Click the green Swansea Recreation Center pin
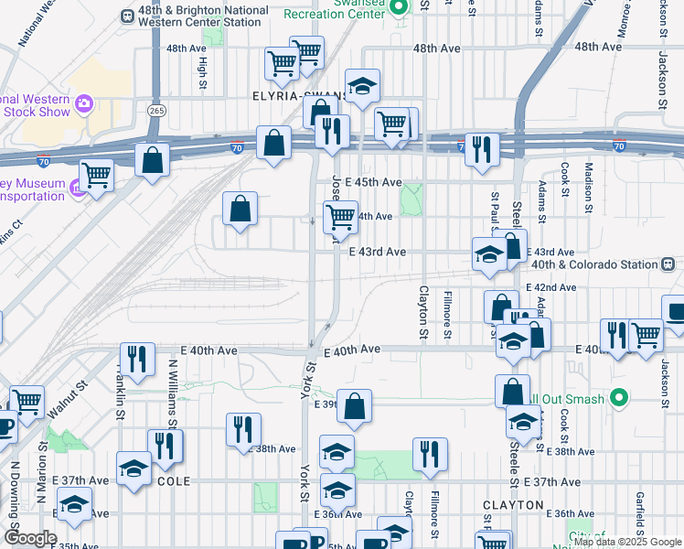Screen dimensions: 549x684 tap(398, 7)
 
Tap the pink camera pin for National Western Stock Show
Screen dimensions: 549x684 tap(84, 102)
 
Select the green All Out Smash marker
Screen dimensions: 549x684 tap(619, 398)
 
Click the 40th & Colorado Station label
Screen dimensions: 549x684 tap(594, 264)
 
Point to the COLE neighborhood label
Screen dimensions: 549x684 tap(174, 481)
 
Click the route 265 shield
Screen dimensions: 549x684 tap(155, 109)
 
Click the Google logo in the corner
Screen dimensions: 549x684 tap(29, 539)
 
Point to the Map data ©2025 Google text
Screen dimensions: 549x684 tap(627, 543)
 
